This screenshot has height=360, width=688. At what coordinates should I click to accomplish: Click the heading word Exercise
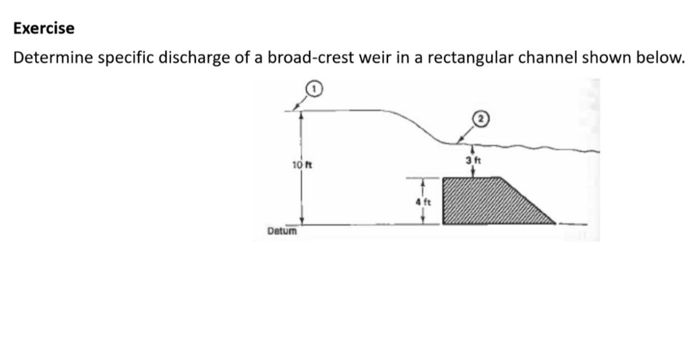point(44,29)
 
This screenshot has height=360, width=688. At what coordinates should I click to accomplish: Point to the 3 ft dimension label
point(474,160)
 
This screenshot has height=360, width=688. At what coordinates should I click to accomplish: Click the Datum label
point(283,231)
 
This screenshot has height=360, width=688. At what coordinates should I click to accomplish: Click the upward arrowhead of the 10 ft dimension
point(302,114)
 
